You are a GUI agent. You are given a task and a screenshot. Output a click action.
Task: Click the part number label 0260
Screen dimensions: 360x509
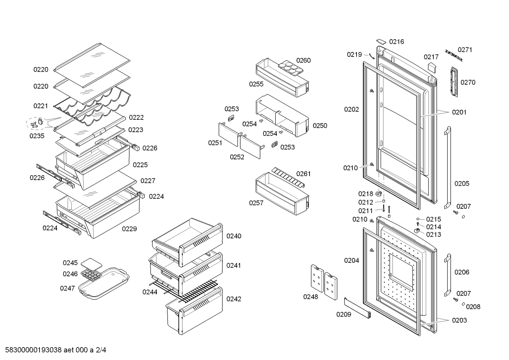(x=303, y=60)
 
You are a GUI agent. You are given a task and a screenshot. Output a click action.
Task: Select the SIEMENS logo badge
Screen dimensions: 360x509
(x=454, y=55)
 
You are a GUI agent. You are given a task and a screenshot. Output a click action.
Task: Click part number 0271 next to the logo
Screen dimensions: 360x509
(x=465, y=50)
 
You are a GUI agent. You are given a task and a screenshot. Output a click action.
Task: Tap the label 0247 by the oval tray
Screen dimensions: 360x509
(x=67, y=288)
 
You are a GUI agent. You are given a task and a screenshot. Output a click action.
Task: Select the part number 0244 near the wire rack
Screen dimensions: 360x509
(x=150, y=292)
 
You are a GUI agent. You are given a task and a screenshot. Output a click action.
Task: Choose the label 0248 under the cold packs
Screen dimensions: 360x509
(x=311, y=297)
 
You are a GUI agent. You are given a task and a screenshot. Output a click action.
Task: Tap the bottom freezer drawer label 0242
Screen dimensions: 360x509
(x=234, y=299)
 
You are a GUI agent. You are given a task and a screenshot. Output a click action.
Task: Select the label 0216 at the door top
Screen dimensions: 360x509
(x=396, y=42)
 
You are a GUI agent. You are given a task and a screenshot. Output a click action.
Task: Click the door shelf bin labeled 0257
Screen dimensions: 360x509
(x=282, y=193)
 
